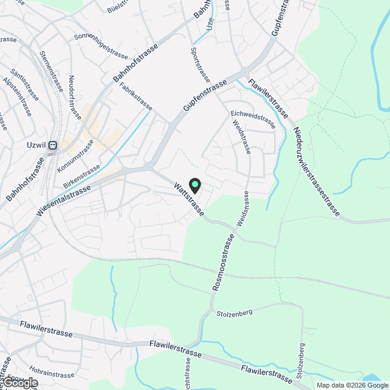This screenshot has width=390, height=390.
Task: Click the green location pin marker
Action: (194, 185)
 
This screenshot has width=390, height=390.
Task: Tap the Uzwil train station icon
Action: (52, 146)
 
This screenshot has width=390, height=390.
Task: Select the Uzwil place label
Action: (37, 146)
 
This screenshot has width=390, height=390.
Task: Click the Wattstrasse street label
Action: (189, 198)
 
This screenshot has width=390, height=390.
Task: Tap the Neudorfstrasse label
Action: (75, 96)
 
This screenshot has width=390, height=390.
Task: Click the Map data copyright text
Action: (352, 385)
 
